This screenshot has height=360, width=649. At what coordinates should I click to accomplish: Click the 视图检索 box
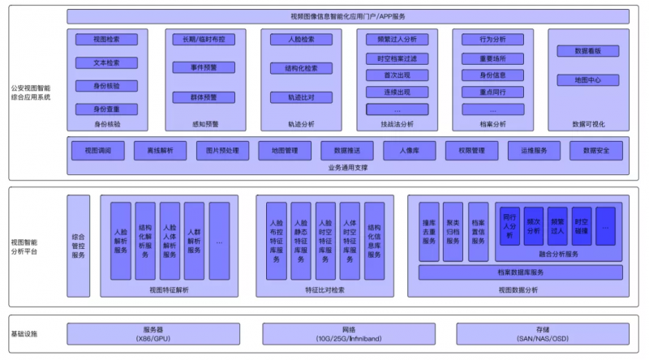(106, 39)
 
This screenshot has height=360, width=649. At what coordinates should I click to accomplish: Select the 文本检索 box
(106, 62)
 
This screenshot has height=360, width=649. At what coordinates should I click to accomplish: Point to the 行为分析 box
(492, 39)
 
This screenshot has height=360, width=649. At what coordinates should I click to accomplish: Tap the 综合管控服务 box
(79, 246)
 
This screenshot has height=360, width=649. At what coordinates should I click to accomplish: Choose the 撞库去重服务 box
(429, 231)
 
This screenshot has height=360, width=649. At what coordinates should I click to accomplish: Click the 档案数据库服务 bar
(521, 272)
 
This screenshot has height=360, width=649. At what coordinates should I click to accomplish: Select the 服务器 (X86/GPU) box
(153, 333)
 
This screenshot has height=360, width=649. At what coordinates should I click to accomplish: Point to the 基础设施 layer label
(24, 334)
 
